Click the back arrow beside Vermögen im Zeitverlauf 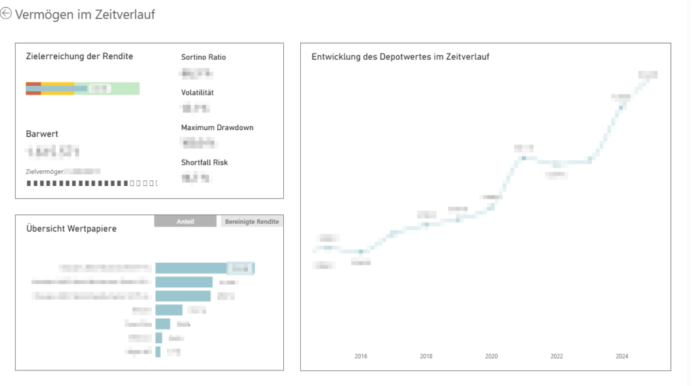coord(7,14)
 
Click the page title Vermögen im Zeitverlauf coord(85,14)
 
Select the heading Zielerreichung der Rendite coord(79,57)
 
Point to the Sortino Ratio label coord(203,57)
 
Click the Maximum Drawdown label coord(217,128)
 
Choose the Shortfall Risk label coord(204,163)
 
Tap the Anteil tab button coord(185,222)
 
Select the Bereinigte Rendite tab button coord(252,222)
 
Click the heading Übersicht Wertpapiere coord(71,229)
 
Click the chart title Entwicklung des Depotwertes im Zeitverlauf coord(400,57)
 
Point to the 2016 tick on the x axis coord(361,356)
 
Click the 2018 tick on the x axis coord(426,356)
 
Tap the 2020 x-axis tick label coord(491,356)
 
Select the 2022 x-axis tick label coord(557,356)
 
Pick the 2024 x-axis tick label coord(622,356)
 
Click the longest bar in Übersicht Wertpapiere coord(191,268)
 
